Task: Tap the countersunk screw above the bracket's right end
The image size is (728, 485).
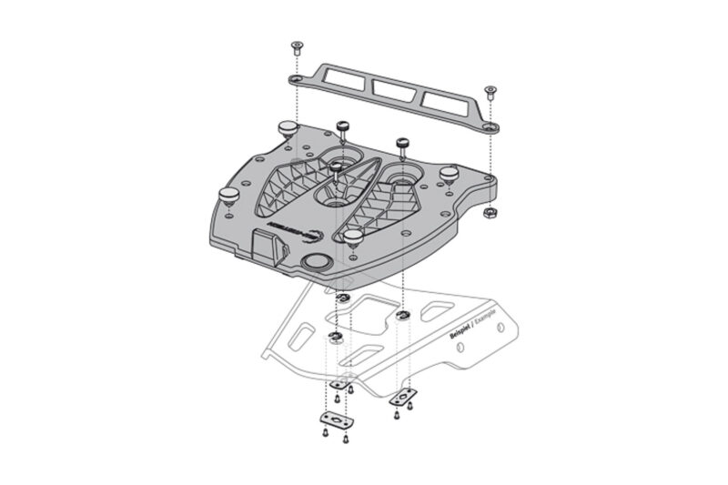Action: tap(490, 90)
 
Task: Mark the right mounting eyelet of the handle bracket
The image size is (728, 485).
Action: tap(490, 127)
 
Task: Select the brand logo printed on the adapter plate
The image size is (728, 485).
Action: tap(296, 227)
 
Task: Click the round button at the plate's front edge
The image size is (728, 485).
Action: tap(316, 264)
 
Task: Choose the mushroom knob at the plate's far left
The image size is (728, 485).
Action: tap(227, 193)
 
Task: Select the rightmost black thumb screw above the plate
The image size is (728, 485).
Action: tap(401, 144)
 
